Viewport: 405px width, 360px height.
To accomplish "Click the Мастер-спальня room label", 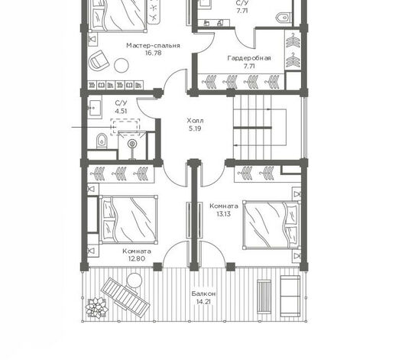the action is coord(153,46).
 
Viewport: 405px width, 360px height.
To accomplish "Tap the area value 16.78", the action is coord(153,53).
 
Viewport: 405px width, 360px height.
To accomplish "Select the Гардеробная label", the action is coord(249,58).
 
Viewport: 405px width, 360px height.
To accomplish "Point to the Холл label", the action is coord(195,121).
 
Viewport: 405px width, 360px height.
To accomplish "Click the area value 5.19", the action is coord(195,128).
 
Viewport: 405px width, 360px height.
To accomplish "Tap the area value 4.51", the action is coord(121,111).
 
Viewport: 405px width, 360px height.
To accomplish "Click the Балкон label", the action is coord(203,294).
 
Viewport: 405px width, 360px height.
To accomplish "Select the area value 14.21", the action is coord(203,302).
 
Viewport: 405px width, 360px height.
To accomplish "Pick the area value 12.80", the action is coord(137,258).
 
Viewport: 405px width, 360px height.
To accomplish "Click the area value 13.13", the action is coord(224,214).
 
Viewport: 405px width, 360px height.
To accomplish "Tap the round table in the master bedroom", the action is coord(122,66).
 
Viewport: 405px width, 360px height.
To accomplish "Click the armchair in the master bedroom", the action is coord(99,60).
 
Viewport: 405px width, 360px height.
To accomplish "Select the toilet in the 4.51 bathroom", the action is coord(102,141).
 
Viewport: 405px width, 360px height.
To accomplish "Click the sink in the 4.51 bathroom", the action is coord(94,107).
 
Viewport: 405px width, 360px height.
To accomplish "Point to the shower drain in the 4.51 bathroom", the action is coord(132,144).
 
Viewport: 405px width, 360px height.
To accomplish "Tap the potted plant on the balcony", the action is coord(96,307).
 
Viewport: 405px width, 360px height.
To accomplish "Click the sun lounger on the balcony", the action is coord(125,297).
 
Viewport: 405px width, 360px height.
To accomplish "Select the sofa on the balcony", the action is coord(290,296).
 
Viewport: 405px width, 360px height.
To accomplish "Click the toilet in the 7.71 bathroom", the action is coord(283,18).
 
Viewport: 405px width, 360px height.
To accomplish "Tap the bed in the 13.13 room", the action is coord(271,225).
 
